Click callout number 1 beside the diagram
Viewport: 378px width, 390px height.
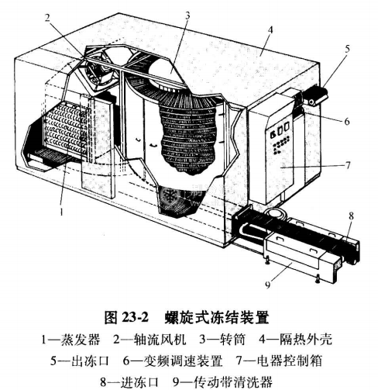point(61,212)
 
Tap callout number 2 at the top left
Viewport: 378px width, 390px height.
point(46,18)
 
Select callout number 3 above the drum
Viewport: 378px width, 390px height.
point(187,16)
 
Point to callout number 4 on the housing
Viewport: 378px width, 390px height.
point(270,30)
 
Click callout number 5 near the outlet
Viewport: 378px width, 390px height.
point(347,48)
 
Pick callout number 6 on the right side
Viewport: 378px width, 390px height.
point(347,121)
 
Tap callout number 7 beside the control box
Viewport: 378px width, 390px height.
point(348,165)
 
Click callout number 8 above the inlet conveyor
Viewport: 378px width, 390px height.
point(351,216)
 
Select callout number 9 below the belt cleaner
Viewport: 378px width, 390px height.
point(268,285)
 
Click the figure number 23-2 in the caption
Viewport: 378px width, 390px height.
point(135,316)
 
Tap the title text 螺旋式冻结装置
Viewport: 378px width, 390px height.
point(217,317)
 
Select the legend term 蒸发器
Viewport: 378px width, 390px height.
point(80,340)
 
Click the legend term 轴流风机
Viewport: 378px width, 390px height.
point(160,340)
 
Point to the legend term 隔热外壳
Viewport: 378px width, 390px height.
point(306,340)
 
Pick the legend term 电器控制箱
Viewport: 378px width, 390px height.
point(290,361)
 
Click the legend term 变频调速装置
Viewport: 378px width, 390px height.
point(183,361)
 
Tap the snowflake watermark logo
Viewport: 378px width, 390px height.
point(170,196)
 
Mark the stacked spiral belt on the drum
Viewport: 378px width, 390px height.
point(188,137)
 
